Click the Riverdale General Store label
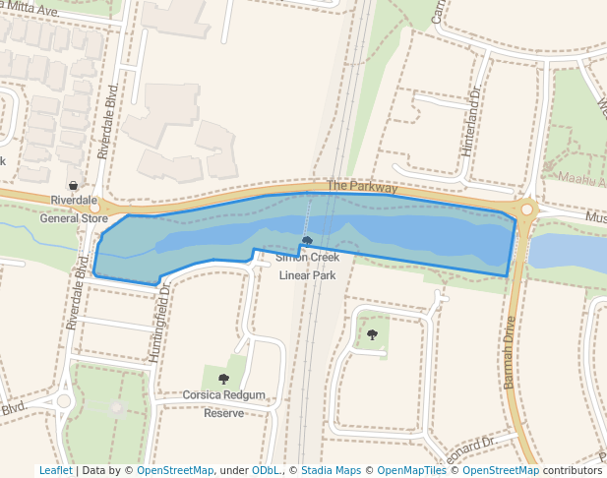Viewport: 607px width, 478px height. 74,209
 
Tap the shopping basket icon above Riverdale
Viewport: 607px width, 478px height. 74,185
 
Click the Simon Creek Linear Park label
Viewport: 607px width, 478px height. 308,267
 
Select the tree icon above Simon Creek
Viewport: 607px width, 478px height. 307,240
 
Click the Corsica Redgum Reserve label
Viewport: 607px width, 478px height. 224,404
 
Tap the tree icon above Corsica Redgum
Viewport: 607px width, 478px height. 223,379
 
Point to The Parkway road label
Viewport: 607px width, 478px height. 362,186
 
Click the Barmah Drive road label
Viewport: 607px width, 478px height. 510,352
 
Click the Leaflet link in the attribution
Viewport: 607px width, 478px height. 55,470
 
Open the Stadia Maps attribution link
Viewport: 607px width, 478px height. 331,470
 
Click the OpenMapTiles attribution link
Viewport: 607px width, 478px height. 411,470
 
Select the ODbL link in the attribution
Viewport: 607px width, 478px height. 265,470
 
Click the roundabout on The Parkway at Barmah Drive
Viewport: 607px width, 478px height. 526,209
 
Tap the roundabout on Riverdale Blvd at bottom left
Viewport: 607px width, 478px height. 64,400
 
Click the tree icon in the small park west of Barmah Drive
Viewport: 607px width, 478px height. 372,335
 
